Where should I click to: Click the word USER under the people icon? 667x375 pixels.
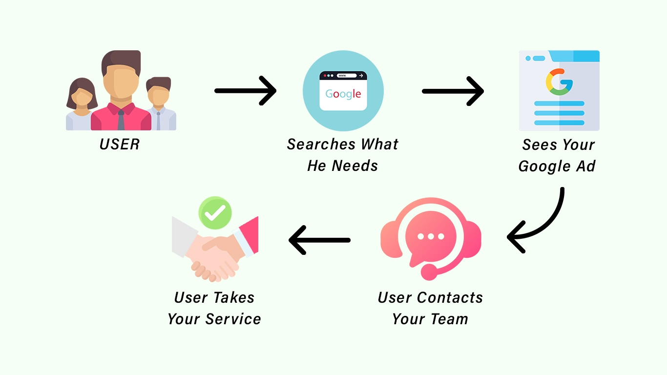click(x=120, y=144)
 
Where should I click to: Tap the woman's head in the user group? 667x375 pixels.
click(x=82, y=94)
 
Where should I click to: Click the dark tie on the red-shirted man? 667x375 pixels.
click(x=121, y=120)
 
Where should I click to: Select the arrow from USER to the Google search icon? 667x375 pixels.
click(x=245, y=90)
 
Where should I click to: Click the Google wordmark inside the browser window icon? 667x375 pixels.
click(x=343, y=94)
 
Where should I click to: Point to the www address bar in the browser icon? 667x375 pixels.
click(x=347, y=76)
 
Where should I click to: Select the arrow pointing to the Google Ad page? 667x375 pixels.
click(x=453, y=91)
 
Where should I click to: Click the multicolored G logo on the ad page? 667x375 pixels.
click(x=559, y=82)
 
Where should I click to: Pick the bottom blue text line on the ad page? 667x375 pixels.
click(x=559, y=123)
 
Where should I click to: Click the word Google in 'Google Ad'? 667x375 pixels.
click(x=544, y=167)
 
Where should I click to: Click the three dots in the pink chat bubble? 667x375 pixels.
click(x=431, y=236)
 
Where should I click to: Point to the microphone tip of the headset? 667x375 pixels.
click(x=429, y=272)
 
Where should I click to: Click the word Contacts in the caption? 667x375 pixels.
click(x=450, y=297)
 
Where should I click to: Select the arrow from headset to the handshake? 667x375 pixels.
click(x=319, y=240)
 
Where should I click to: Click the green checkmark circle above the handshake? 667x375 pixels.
click(x=215, y=213)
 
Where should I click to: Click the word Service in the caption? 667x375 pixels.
click(x=233, y=319)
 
